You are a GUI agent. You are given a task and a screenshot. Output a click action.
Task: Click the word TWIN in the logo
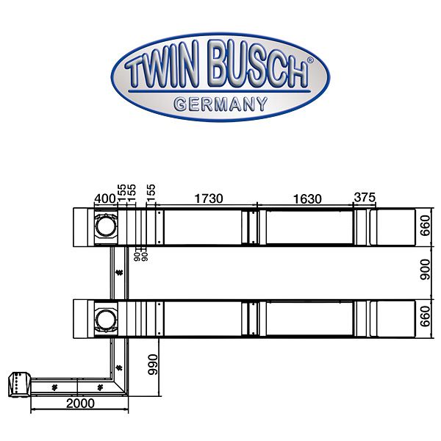[x=163, y=73]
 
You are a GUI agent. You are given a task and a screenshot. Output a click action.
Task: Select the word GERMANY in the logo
[x=220, y=104]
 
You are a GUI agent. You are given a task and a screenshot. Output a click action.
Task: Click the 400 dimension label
[x=105, y=198]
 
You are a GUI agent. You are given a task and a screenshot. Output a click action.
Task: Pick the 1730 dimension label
[x=208, y=198]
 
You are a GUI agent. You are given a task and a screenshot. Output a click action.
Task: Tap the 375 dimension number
[x=365, y=198]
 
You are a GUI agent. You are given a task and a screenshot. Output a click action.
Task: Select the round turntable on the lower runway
[x=105, y=318]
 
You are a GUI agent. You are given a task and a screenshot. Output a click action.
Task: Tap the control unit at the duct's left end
[x=17, y=384]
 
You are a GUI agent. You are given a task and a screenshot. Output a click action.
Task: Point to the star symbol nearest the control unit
[x=54, y=386]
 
